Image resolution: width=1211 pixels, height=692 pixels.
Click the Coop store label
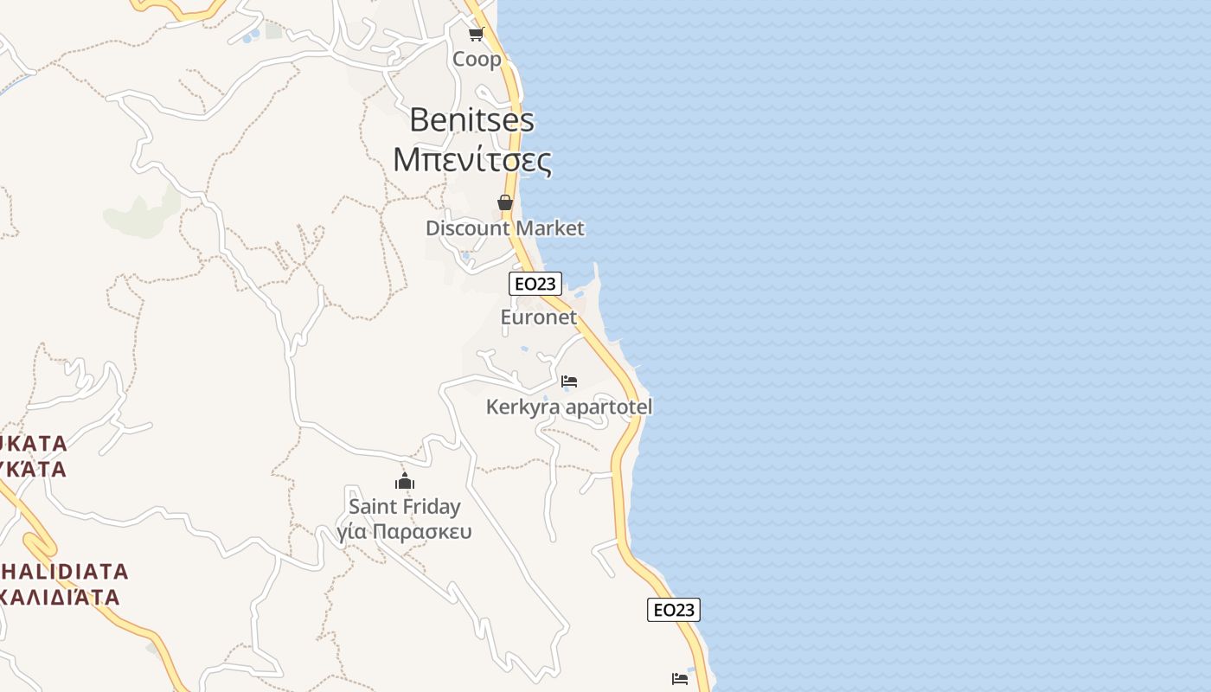click(477, 59)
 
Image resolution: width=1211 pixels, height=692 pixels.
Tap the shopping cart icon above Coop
click(476, 35)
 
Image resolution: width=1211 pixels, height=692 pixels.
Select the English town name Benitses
click(471, 119)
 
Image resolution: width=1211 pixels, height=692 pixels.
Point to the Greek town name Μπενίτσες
click(471, 160)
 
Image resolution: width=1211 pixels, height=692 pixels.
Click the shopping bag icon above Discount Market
click(505, 202)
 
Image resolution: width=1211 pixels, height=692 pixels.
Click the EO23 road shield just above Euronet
click(535, 284)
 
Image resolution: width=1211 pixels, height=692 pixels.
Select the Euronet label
click(538, 317)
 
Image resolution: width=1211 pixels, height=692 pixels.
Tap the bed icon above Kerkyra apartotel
click(569, 381)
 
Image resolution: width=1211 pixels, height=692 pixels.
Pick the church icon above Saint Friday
click(405, 482)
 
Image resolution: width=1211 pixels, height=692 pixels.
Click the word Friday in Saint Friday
click(432, 507)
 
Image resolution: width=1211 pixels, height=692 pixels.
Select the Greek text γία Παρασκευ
click(405, 531)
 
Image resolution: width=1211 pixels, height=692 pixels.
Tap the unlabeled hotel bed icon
click(680, 678)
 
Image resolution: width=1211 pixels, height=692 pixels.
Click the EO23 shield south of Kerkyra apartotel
click(673, 610)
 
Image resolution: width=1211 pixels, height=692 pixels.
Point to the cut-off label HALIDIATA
click(64, 572)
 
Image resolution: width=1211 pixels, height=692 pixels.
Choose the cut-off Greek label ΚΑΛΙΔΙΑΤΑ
click(61, 597)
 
